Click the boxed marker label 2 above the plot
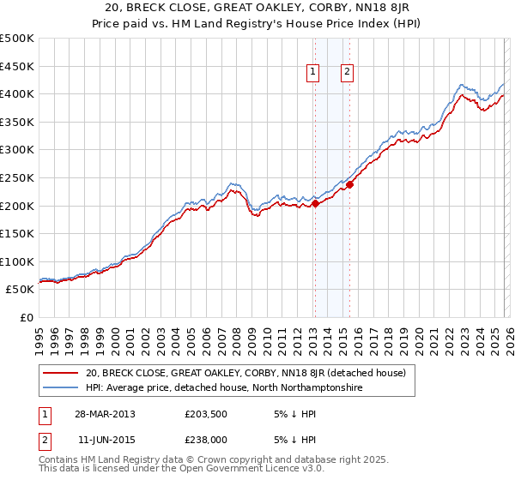coord(348,73)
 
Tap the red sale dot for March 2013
coord(315,203)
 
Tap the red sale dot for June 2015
coord(349,184)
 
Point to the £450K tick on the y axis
coord(17,66)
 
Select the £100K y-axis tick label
coord(17,261)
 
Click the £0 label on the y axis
coord(27,317)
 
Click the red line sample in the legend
coord(61,373)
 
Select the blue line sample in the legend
coord(61,387)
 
